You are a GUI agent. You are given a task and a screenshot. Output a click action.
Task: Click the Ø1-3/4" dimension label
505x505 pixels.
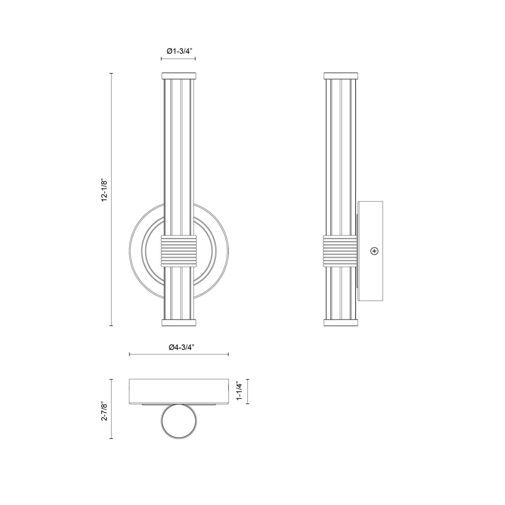pos(179,51)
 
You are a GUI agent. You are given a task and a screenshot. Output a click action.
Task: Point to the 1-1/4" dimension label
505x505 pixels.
pos(239,391)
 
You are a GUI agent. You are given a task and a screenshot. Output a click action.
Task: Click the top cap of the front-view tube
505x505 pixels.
pos(178,76)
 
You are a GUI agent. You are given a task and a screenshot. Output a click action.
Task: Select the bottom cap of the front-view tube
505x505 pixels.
pos(178,323)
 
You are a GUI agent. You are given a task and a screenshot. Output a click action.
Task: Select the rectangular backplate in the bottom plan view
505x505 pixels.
pos(178,391)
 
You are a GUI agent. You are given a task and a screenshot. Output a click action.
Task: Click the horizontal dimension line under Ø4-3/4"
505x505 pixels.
pos(178,354)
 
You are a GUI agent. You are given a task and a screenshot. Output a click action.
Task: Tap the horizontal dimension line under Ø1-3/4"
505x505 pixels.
pos(178,59)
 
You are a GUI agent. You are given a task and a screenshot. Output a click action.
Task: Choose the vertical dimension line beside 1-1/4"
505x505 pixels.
pos(247,391)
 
